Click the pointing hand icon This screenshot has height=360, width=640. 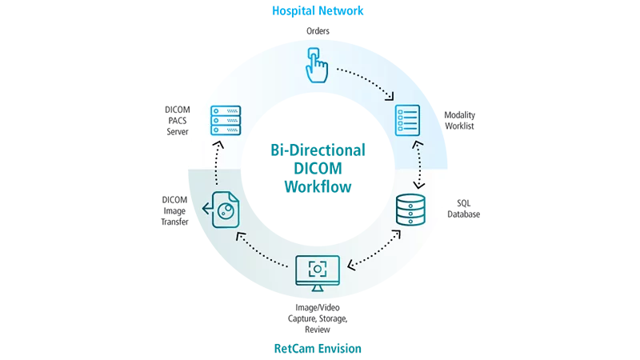click(316, 66)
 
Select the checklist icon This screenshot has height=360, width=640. click(407, 121)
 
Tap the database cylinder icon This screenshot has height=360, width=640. click(410, 208)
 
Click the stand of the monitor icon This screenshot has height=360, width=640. click(318, 288)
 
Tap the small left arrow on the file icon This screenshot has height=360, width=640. click(207, 210)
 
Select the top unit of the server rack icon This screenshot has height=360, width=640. click(226, 110)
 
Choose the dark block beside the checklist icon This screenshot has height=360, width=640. click(461, 121)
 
